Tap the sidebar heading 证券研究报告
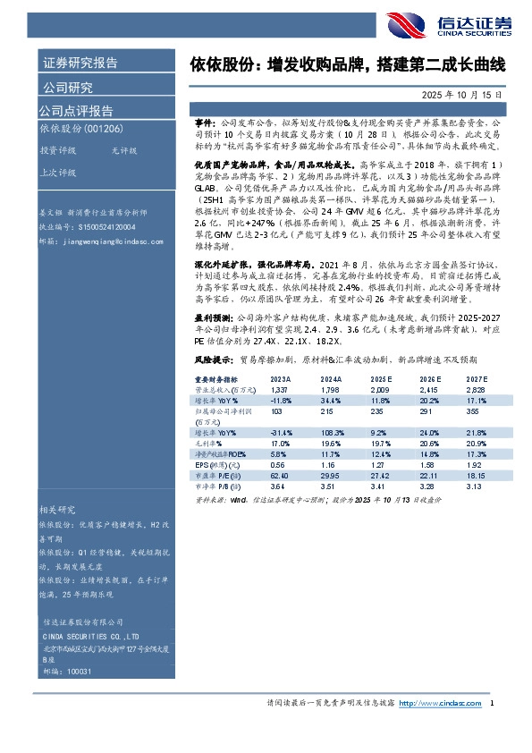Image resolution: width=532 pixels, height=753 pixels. coord(80,63)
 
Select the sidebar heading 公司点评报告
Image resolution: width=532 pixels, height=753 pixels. coord(76,111)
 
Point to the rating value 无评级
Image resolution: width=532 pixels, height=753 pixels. coord(124,151)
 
